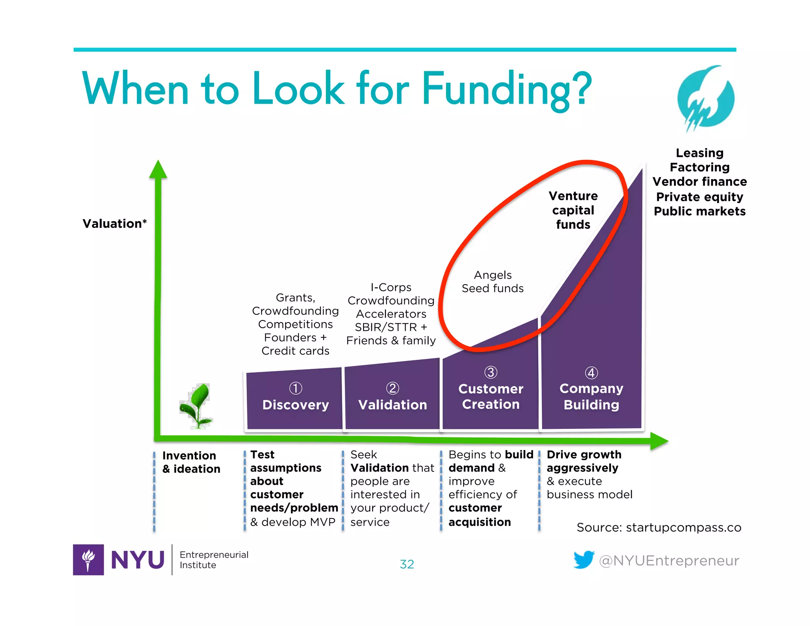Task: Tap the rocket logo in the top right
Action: click(x=706, y=99)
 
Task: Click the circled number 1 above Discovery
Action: click(x=295, y=388)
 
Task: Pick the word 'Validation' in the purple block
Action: click(x=392, y=405)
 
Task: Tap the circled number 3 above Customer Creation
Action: click(x=490, y=372)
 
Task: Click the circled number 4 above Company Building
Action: click(x=591, y=373)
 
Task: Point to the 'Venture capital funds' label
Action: click(x=573, y=210)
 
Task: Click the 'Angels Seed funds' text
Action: click(x=492, y=281)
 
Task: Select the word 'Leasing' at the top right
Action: click(x=699, y=153)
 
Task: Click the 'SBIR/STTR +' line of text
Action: click(x=391, y=327)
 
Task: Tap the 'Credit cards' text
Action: click(x=295, y=351)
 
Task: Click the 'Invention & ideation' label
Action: click(x=191, y=462)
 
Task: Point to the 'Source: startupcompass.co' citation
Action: click(x=659, y=527)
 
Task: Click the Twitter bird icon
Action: click(x=584, y=560)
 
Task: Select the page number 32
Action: click(x=407, y=564)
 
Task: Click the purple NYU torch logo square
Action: click(x=88, y=560)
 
